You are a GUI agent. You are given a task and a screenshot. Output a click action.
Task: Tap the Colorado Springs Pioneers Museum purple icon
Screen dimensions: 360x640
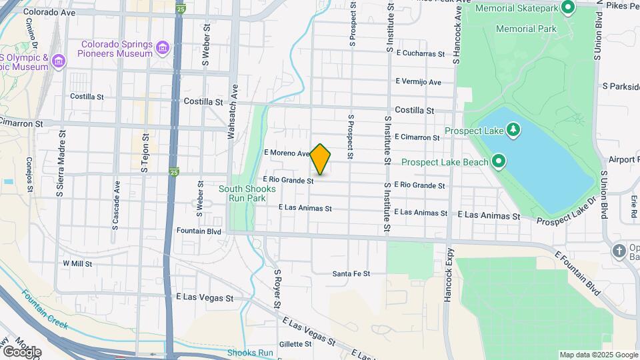click(163, 48)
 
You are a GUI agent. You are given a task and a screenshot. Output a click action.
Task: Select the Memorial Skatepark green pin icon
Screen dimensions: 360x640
click(568, 8)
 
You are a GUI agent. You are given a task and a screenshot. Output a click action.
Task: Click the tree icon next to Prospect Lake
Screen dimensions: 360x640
click(513, 129)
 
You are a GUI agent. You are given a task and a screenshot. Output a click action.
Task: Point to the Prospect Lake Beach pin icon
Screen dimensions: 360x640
click(498, 161)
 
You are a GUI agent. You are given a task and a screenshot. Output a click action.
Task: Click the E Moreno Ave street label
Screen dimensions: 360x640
click(287, 153)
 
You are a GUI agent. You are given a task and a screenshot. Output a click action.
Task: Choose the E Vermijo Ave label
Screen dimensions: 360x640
click(418, 82)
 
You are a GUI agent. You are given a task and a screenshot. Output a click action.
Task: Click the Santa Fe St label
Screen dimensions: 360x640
click(351, 274)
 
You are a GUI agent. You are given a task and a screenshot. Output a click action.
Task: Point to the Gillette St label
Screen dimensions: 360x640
click(295, 344)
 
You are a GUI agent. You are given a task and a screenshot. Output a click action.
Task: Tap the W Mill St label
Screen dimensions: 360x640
click(77, 263)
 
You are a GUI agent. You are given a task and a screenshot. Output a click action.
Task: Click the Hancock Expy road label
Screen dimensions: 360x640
click(449, 275)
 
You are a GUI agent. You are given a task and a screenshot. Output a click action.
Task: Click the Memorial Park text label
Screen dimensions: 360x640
click(526, 29)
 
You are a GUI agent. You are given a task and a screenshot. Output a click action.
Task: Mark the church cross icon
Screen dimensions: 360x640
click(619, 251)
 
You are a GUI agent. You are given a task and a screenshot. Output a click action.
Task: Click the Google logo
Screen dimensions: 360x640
click(21, 351)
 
